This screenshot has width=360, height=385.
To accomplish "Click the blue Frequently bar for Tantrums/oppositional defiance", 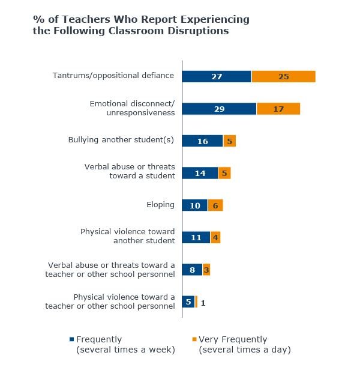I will [217, 76].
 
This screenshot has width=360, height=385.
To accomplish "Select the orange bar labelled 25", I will [284, 76].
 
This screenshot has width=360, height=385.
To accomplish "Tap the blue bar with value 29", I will [219, 109].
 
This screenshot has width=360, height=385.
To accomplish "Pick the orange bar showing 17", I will [278, 109].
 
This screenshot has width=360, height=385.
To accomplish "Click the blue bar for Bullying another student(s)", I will [202, 141].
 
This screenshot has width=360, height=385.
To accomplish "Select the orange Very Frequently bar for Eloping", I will [215, 205].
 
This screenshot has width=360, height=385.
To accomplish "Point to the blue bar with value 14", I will [200, 173].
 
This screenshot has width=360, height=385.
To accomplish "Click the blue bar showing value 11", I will [196, 237].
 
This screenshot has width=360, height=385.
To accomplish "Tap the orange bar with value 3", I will [206, 270].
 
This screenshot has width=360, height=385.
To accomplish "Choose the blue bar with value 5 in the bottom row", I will [188, 302].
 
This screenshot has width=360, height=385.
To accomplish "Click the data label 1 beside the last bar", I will [203, 302].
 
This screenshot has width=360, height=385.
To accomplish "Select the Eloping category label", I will [160, 205].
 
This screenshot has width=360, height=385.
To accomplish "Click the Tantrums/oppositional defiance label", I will [113, 76].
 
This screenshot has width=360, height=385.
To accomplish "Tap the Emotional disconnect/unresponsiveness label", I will [132, 108].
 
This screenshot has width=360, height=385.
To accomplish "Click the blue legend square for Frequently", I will [72, 339].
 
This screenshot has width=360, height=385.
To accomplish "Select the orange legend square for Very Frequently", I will [194, 339].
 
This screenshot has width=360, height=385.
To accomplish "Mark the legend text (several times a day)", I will [245, 350].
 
